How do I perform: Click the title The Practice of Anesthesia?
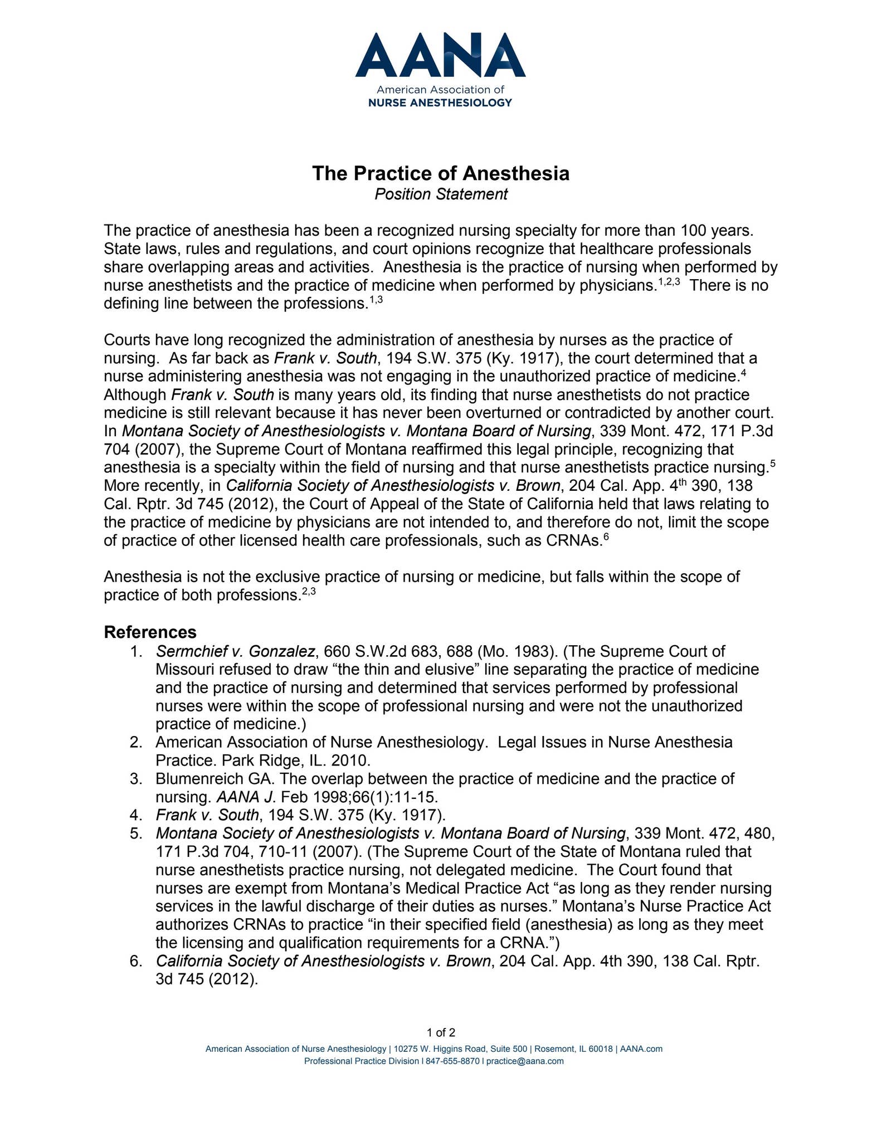pos(440,173)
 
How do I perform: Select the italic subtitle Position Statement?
pos(441,194)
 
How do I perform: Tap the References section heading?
pos(150,632)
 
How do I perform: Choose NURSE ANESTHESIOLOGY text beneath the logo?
pos(440,103)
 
